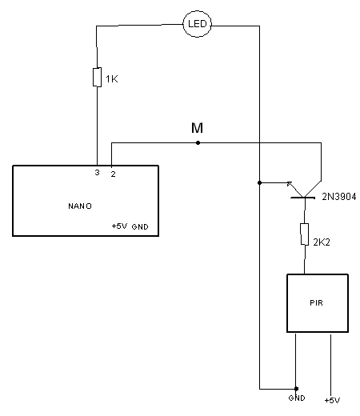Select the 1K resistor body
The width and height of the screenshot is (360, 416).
tap(97, 77)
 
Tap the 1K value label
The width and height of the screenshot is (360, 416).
tap(112, 79)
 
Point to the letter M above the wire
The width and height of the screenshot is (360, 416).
tap(197, 128)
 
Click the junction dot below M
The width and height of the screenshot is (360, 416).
tap(198, 143)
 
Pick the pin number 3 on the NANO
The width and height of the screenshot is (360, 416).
tap(97, 173)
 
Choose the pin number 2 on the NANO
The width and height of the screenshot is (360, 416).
tap(114, 174)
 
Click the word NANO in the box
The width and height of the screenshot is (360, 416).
tap(80, 206)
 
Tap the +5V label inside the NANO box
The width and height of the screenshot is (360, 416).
tap(119, 226)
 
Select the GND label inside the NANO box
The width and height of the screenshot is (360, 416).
tap(140, 226)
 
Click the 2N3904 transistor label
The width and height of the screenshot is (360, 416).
tap(339, 197)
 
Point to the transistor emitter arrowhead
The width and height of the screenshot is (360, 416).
tap(290, 184)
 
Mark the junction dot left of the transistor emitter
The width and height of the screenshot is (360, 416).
tap(259, 183)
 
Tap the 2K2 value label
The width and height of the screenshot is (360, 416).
tap(322, 242)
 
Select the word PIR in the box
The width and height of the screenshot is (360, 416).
tap(317, 303)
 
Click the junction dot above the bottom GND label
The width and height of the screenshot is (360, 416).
tap(296, 389)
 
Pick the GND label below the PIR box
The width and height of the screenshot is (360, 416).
tap(297, 398)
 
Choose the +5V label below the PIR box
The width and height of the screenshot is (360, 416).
tap(332, 400)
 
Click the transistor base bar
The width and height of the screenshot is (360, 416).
tap(303, 198)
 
